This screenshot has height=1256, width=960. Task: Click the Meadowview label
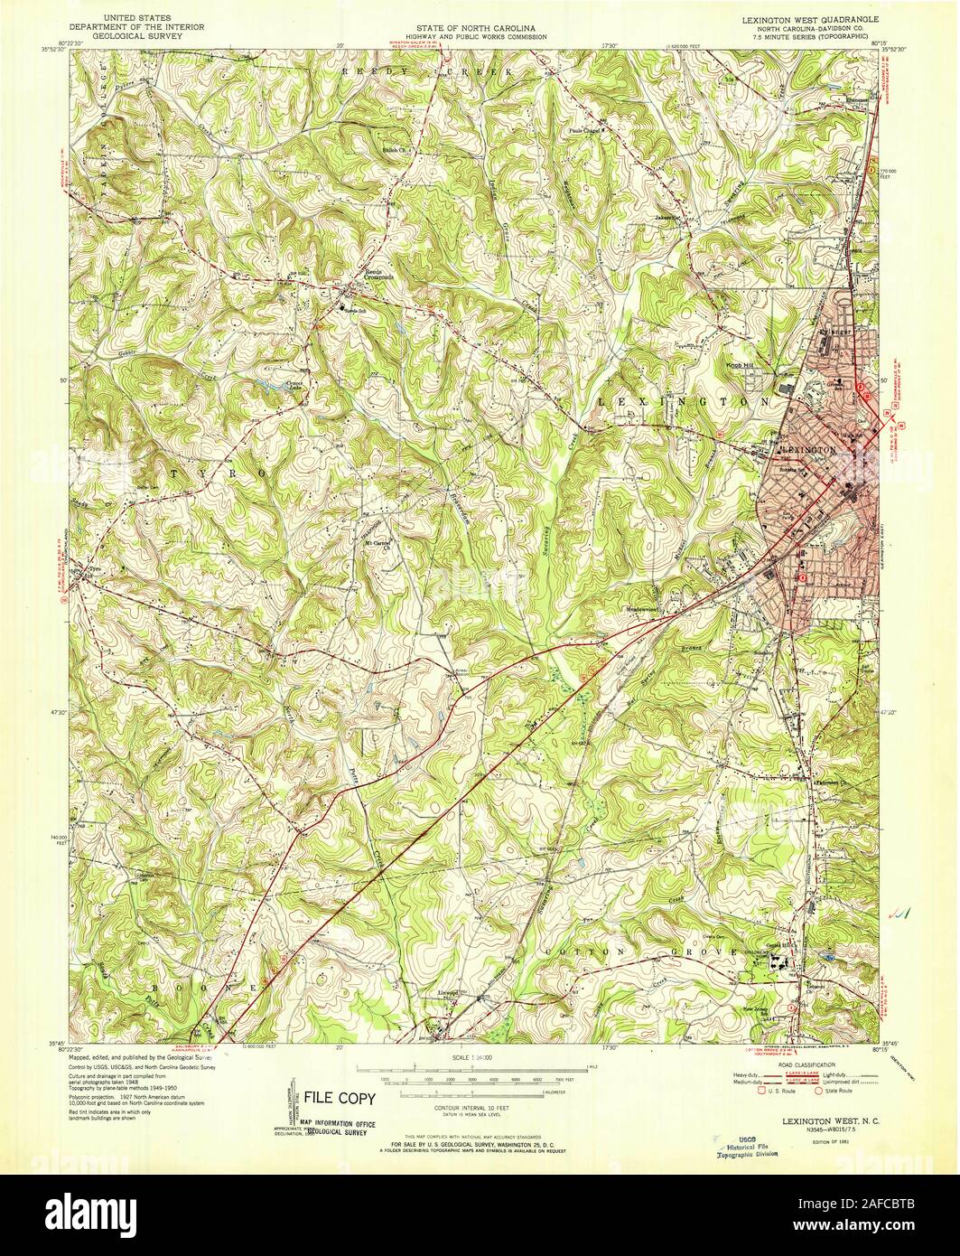pos(645,608)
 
